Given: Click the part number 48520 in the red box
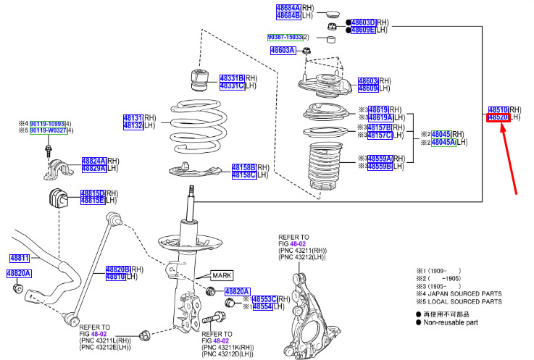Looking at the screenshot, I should click(498, 117).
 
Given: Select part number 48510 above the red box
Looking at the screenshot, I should click(498, 109).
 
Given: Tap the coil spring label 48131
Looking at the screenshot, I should click(133, 117).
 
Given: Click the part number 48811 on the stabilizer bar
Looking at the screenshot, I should click(20, 258).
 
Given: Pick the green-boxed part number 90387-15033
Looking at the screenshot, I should click(284, 37).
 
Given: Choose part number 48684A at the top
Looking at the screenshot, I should click(288, 7).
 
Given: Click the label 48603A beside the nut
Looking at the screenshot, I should click(283, 51).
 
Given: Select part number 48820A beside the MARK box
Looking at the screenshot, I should click(238, 291).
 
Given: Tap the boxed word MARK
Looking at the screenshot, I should click(222, 275).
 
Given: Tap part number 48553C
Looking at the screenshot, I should click(264, 299).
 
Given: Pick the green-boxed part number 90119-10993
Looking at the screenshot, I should click(47, 124).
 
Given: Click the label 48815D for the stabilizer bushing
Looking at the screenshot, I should click(93, 193).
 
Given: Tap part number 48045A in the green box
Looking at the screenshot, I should click(443, 142).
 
